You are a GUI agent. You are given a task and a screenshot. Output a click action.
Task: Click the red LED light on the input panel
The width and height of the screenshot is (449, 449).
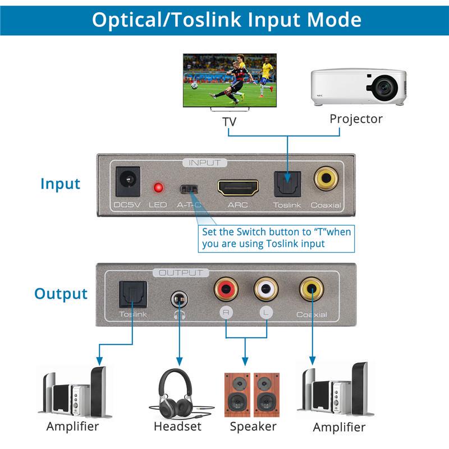(158, 186)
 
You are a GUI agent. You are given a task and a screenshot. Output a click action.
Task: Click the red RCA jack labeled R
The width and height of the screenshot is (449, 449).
(226, 290)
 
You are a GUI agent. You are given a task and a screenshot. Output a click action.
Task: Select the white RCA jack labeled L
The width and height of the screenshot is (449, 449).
(265, 290)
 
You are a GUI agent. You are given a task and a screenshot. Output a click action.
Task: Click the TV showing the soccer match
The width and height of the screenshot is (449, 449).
(230, 79)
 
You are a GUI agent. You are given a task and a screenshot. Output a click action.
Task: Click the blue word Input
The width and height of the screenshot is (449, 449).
(60, 184)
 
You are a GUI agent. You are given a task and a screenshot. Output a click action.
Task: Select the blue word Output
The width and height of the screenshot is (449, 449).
(61, 294)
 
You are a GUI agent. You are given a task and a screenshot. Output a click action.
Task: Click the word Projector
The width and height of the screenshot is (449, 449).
(356, 118)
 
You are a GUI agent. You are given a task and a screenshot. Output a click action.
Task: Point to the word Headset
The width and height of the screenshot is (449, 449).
(177, 427)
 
